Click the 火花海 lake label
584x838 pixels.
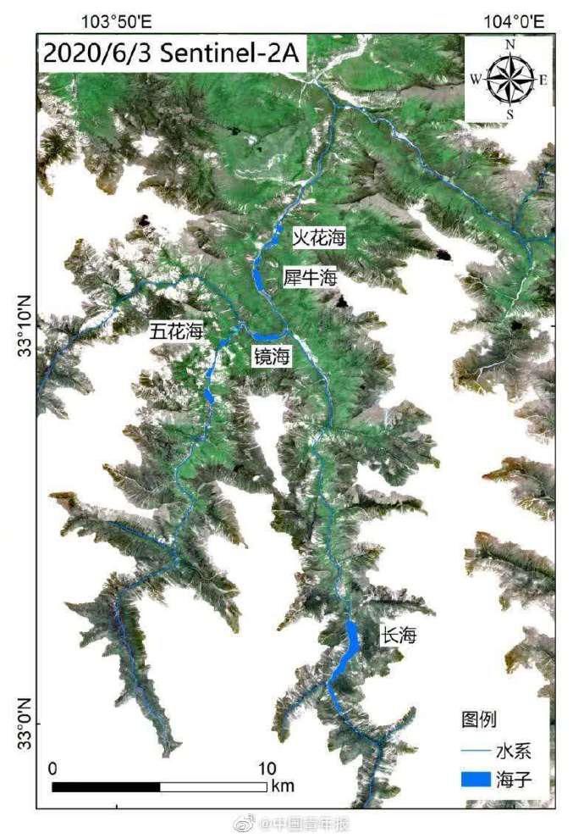click(x=319, y=239)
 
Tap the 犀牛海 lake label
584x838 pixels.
click(x=310, y=277)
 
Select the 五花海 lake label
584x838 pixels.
click(x=176, y=331)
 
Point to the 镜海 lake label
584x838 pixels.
click(x=272, y=358)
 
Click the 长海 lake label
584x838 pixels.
click(x=399, y=635)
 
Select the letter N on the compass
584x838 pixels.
click(x=510, y=45)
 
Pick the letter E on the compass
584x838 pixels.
click(x=543, y=80)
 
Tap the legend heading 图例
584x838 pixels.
click(x=479, y=719)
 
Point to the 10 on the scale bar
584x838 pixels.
click(x=267, y=769)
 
